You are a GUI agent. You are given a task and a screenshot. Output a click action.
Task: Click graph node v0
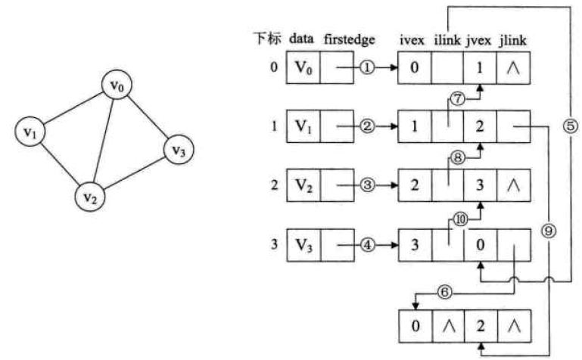[117, 86]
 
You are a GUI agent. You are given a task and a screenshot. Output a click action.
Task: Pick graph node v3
[178, 149]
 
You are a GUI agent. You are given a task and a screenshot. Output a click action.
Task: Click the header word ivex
[414, 39]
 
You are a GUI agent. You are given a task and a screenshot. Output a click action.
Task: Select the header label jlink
[515, 39]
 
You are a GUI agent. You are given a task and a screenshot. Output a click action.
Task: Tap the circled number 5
[571, 126]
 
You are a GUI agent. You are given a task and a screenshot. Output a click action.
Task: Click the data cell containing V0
[303, 68]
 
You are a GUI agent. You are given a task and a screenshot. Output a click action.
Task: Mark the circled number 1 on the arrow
[368, 68]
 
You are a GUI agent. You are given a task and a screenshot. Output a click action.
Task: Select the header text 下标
[269, 39]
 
